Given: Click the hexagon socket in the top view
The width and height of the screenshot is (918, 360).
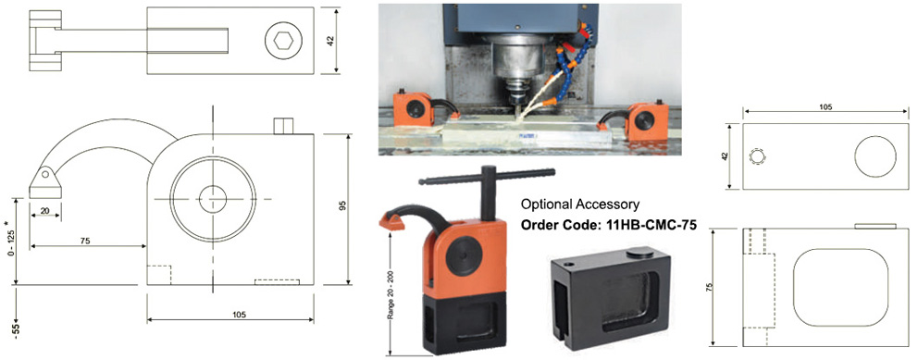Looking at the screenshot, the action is [284, 41].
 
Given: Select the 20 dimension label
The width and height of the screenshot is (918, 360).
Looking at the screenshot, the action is [44, 210].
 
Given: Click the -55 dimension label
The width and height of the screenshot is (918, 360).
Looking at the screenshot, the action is [17, 330].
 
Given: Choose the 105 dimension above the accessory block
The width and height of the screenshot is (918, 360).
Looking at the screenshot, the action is [825, 107].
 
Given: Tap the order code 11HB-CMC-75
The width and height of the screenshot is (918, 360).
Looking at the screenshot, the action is [609, 225].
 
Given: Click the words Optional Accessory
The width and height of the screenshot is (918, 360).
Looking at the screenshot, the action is [579, 205].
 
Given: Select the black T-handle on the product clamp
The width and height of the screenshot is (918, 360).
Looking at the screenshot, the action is [488, 187].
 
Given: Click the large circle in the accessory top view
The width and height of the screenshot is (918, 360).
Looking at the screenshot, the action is [875, 156].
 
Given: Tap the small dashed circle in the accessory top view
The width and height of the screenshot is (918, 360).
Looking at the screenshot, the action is [757, 157].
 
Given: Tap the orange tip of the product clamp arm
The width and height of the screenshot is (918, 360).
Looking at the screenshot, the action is [393, 221].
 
